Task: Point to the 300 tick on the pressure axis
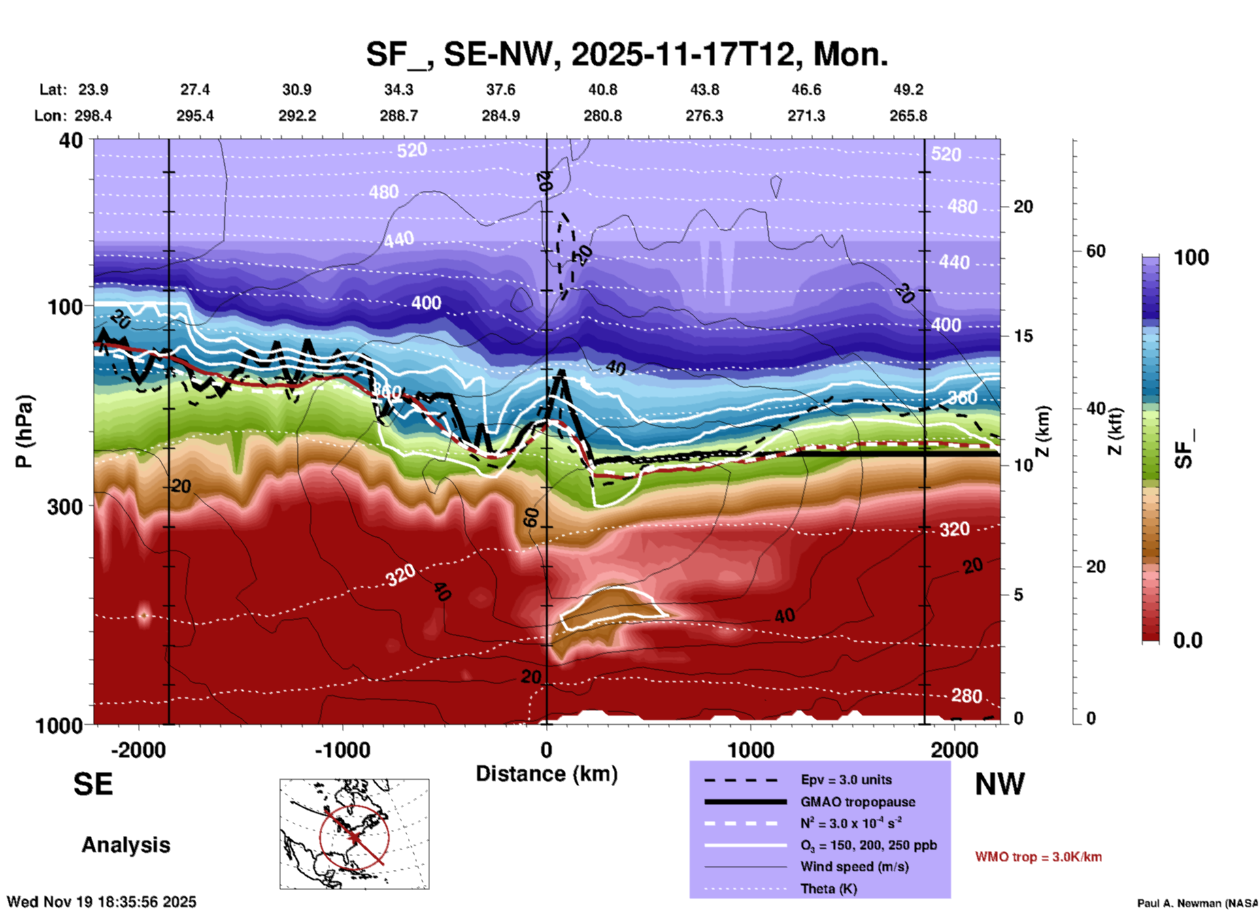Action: click(x=65, y=506)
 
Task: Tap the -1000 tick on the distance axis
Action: click(x=342, y=750)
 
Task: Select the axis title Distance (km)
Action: click(x=546, y=774)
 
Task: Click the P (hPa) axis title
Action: click(x=24, y=431)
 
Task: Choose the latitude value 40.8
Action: click(x=602, y=90)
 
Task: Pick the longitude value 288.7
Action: click(x=398, y=116)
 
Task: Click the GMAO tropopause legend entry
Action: click(x=858, y=802)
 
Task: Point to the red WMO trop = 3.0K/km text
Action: click(x=1038, y=857)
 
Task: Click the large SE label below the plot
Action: click(x=93, y=784)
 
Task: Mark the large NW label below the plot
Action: click(x=999, y=784)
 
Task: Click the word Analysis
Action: click(x=126, y=845)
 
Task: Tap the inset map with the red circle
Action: click(x=354, y=834)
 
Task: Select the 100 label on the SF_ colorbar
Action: click(x=1191, y=257)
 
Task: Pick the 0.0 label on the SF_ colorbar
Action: click(x=1188, y=640)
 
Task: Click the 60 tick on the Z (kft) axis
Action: click(x=1096, y=251)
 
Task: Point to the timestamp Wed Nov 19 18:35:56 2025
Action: click(x=101, y=902)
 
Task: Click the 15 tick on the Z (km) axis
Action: click(x=1023, y=336)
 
